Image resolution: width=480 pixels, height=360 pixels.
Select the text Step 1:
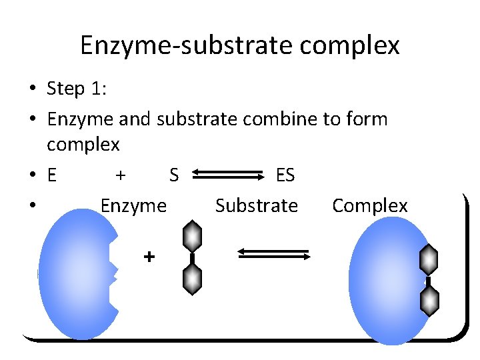[x=75, y=89]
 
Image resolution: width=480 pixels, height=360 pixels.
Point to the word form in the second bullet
[x=367, y=119]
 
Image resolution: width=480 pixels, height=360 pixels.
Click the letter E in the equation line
[x=52, y=176]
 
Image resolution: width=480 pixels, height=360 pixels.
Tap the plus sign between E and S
[x=120, y=175]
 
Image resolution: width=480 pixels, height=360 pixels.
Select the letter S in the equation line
[x=174, y=176]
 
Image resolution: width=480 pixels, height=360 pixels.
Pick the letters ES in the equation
[x=285, y=176]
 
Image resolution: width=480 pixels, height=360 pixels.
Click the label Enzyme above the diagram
[x=133, y=206]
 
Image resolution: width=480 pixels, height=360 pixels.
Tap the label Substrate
[x=257, y=206]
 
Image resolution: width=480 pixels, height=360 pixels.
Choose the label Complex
[x=369, y=206]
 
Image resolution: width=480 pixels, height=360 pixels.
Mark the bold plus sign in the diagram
[x=149, y=256]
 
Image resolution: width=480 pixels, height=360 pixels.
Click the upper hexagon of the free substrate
[x=192, y=237]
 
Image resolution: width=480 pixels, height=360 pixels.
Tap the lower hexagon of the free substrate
[x=192, y=278]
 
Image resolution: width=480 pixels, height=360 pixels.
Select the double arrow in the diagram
[x=274, y=254]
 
